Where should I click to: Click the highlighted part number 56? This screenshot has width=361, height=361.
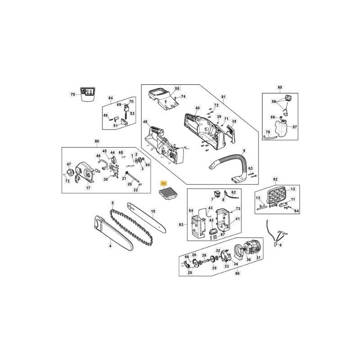pyautogui.click(x=164, y=184)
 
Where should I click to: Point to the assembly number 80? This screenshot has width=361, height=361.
pyautogui.click(x=97, y=141)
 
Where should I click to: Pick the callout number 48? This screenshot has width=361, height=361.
pyautogui.click(x=145, y=122)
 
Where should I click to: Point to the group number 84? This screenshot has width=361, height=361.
pyautogui.click(x=111, y=98)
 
